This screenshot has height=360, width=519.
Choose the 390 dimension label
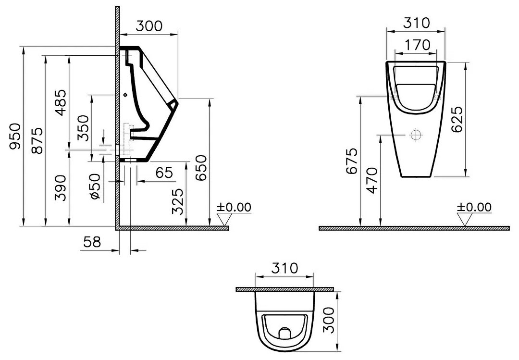tap(61, 188)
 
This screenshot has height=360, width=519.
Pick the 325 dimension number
tap(178, 201)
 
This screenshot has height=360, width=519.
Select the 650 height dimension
tap(201, 168)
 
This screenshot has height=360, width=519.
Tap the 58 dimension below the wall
tap(92, 242)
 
